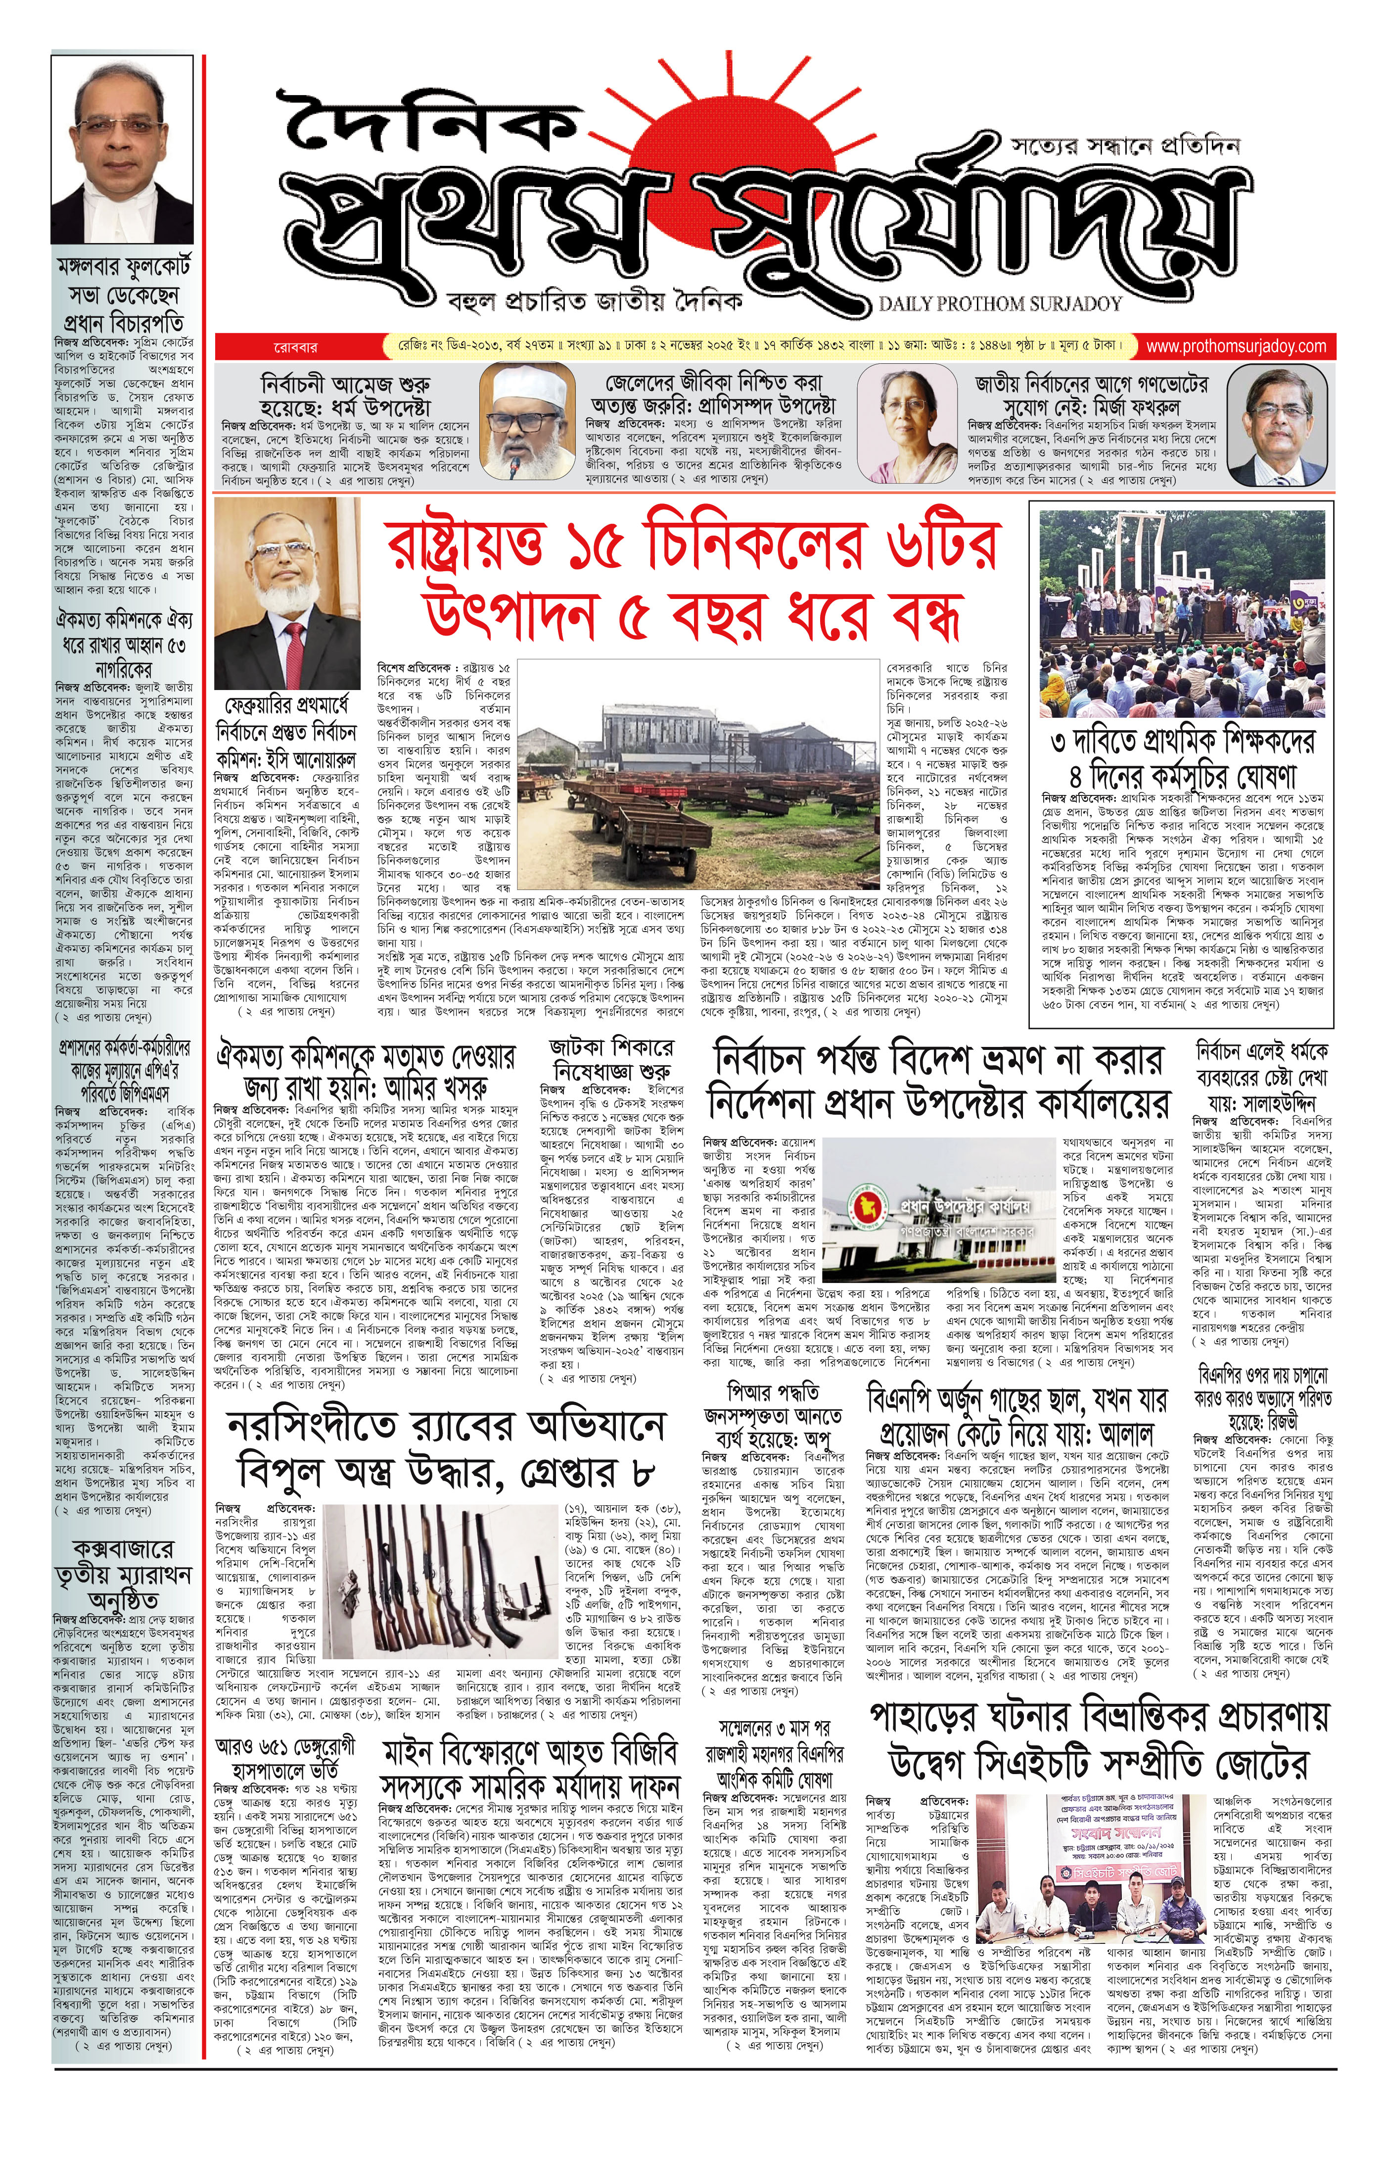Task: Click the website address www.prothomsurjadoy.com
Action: tap(1235, 346)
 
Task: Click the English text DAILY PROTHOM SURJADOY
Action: tap(1000, 304)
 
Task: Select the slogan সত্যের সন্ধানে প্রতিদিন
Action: tap(1125, 145)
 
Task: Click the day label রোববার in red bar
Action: tap(296, 346)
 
